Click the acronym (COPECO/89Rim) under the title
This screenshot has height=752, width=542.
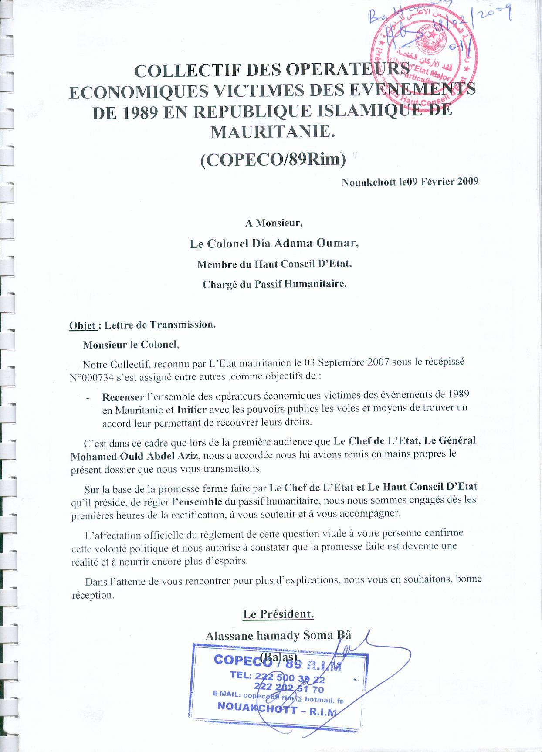(x=273, y=160)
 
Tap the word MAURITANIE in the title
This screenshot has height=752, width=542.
(x=273, y=132)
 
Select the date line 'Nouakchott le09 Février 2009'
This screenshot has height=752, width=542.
(x=410, y=182)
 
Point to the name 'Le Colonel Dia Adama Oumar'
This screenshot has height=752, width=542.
(x=274, y=244)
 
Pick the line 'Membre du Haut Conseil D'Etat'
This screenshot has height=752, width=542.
(x=274, y=264)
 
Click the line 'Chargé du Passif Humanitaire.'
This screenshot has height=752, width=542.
(x=274, y=285)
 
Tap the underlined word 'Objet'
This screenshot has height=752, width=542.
(x=82, y=325)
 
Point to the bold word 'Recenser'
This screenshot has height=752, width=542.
(x=123, y=397)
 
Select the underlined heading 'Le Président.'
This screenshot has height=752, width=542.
(x=278, y=614)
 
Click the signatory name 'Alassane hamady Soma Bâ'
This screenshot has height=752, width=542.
(x=278, y=635)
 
